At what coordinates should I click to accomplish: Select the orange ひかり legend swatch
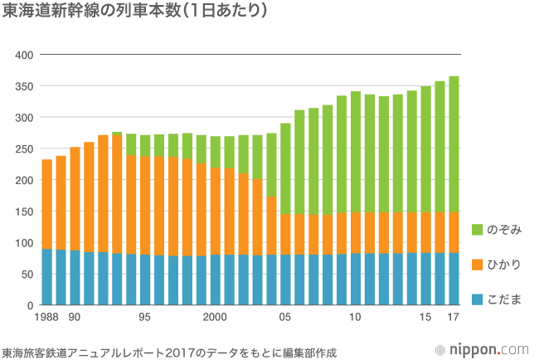478,265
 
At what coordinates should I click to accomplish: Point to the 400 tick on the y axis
24,55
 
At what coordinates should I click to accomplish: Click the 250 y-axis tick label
24,149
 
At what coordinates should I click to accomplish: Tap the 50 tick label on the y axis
27,275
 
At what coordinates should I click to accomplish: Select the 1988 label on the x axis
46,318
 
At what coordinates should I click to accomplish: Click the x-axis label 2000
215,318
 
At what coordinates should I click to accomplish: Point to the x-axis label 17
454,318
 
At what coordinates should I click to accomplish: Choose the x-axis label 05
285,318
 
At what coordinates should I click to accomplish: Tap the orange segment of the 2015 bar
425,232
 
